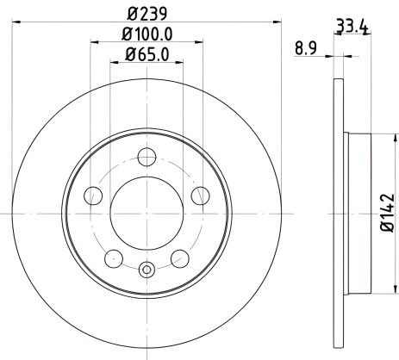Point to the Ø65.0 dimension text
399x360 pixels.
coord(145,56)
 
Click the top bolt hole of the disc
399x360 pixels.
coord(146,157)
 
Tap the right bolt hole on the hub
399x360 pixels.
coord(199,196)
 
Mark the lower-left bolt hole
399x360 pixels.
coord(112,258)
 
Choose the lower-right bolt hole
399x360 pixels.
coord(179,258)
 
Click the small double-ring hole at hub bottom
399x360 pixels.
coord(146,270)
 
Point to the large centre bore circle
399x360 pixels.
coord(146,212)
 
